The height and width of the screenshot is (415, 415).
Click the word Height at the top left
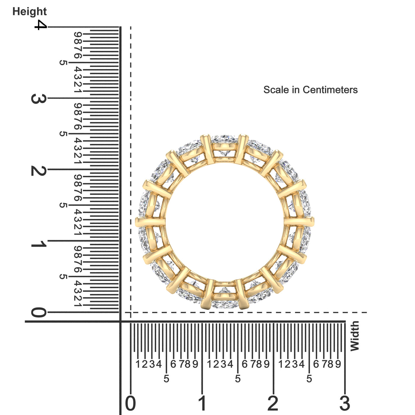coord(29,12)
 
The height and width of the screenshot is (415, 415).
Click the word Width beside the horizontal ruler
coord(355,336)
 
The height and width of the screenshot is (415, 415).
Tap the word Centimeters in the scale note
coord(330,90)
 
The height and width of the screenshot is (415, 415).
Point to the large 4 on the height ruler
coord(40,25)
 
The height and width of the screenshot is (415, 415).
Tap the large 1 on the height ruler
coord(38,244)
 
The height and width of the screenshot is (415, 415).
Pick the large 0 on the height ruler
coord(39,312)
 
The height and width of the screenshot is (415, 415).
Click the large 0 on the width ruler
coord(130,403)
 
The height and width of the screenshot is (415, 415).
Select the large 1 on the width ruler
coord(202,403)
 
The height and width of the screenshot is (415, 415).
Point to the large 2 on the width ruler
coord(273,403)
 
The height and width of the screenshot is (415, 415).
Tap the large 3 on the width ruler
coord(345,403)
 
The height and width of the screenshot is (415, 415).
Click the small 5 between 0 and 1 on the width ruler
coord(166,379)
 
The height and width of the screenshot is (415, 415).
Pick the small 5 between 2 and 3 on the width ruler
coord(309,379)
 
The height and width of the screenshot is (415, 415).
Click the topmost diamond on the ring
coord(224,139)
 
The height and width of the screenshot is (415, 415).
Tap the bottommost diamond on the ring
coord(224,304)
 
